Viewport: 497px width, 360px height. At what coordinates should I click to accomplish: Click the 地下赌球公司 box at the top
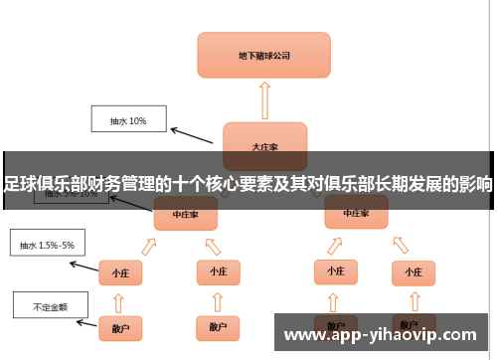click(x=263, y=55)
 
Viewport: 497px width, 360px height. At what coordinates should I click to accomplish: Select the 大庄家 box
click(x=264, y=143)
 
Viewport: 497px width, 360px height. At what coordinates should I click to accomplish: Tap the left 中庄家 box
click(x=185, y=213)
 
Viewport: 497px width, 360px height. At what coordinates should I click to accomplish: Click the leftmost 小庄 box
click(x=119, y=270)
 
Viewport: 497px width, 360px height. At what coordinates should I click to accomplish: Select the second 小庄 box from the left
click(x=217, y=270)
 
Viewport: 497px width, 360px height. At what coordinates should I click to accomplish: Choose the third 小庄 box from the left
click(x=336, y=270)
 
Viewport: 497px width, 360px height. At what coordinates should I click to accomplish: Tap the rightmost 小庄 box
click(x=413, y=270)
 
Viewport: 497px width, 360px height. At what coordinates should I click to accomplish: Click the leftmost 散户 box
click(x=119, y=326)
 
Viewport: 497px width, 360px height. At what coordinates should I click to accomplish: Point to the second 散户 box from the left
click(x=217, y=326)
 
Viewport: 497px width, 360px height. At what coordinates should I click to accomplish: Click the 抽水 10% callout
click(x=129, y=121)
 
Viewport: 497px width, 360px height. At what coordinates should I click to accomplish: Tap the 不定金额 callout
click(x=49, y=306)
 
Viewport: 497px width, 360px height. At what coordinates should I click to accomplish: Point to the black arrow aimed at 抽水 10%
click(x=195, y=134)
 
